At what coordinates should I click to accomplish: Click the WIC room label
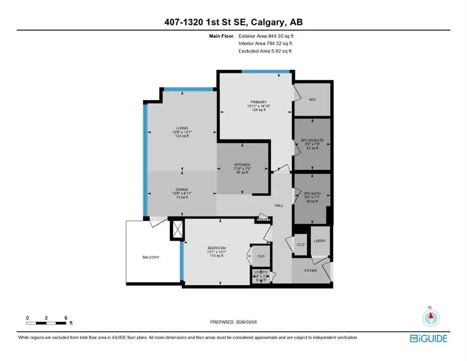pos(312,100)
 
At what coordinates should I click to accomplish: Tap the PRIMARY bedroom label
pos(259,102)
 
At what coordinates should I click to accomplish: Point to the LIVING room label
pos(182,128)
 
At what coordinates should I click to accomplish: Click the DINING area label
pos(182,189)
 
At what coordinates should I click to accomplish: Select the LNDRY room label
pos(320,241)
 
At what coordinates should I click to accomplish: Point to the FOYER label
pos(310,270)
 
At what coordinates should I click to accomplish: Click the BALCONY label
pos(151,257)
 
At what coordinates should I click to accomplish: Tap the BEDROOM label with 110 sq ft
pos(217,248)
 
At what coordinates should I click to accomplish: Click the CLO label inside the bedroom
pos(261,256)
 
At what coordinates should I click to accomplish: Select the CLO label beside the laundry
pos(301,244)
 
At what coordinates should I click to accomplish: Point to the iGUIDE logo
pos(428,338)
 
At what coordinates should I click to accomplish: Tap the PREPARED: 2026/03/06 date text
pos(234,322)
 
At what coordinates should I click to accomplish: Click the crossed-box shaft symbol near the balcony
pos(177,230)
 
